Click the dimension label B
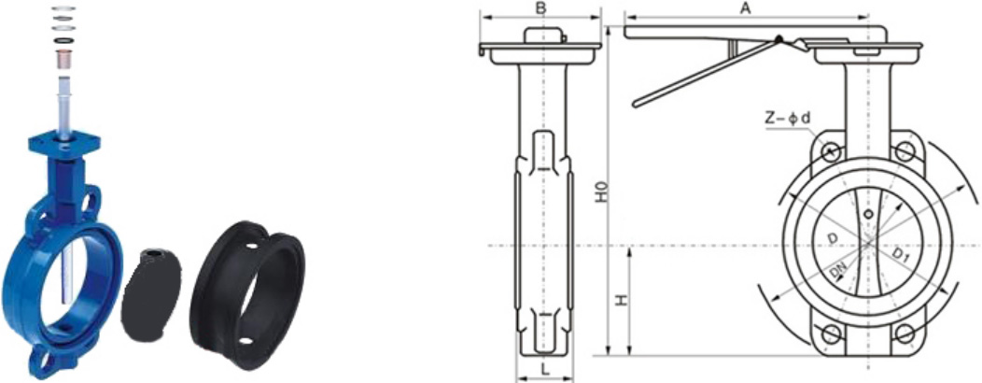(542, 8)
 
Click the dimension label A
(745, 7)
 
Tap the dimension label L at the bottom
(545, 370)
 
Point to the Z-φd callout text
(789, 118)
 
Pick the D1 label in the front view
(901, 254)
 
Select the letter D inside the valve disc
(832, 239)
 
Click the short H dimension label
(621, 300)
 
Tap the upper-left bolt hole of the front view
(833, 151)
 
